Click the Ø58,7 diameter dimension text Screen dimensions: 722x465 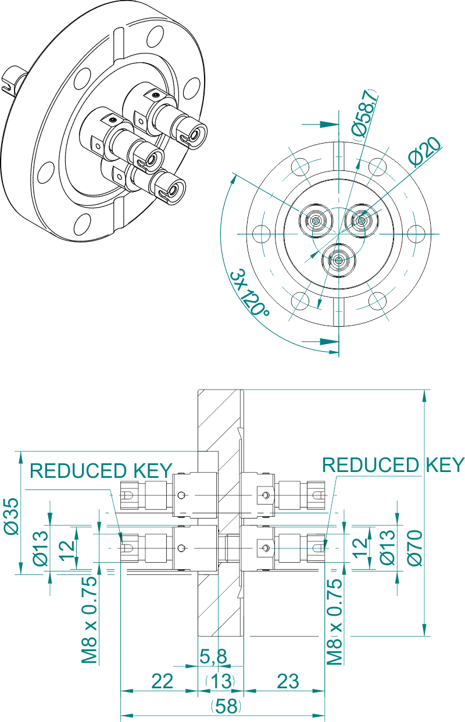365,115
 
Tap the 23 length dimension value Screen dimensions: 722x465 288,681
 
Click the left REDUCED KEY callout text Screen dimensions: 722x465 101,470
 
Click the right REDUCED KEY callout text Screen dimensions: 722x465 394,464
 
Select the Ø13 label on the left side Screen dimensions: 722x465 40,548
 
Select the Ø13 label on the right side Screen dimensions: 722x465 387,548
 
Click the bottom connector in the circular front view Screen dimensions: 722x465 339,260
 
